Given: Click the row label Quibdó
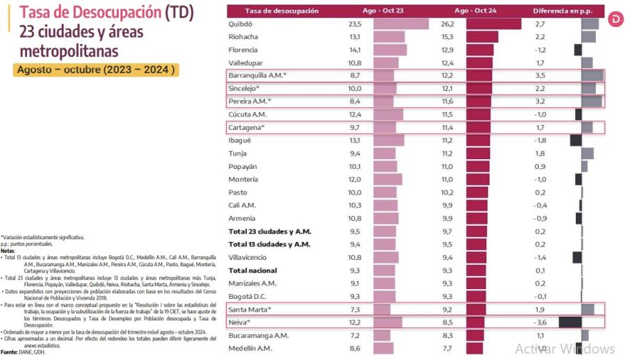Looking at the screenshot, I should click(x=241, y=24).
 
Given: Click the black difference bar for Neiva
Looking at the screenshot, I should click(x=570, y=322).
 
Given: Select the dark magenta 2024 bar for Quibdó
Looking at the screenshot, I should click(x=493, y=24).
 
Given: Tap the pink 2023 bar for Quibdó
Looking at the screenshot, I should click(x=401, y=24).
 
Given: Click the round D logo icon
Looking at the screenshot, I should click(x=616, y=19).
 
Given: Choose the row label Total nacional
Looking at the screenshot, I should click(x=253, y=270).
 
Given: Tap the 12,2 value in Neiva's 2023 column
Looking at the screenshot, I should click(x=355, y=322).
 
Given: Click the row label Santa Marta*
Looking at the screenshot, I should click(x=249, y=309).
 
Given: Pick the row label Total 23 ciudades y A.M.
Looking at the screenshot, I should click(x=270, y=231).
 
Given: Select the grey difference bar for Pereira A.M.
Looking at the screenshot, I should click(x=591, y=101).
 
